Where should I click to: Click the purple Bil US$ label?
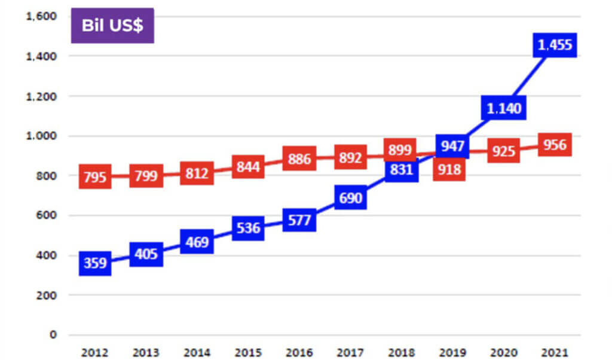tap(112, 26)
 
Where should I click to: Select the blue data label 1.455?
tap(555, 45)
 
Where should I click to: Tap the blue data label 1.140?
tap(504, 108)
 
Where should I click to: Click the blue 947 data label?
tap(452, 145)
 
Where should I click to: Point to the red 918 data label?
tap(449, 170)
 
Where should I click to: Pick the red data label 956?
tap(555, 145)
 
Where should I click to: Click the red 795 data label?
tap(95, 178)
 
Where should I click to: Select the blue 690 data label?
tap(350, 198)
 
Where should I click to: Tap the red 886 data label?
tap(299, 158)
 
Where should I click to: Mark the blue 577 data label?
tap(299, 220)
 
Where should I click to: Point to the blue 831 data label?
tap(401, 170)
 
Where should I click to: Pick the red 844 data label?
tap(248, 167)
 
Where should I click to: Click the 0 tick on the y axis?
tap(53, 335)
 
